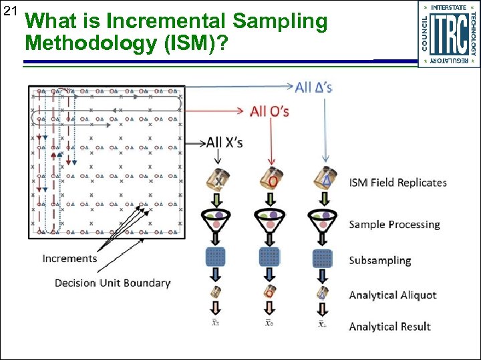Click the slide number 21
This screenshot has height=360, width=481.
[x=10, y=10]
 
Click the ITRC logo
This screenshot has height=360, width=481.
[x=448, y=33]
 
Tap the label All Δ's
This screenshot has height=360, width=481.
[x=313, y=87]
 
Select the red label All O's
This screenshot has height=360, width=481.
[x=269, y=111]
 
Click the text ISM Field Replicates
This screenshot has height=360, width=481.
[x=397, y=183]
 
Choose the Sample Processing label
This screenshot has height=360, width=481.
[x=394, y=224]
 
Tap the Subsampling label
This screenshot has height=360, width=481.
[x=379, y=260]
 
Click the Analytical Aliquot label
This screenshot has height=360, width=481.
[x=392, y=295]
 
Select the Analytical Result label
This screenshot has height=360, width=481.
[x=389, y=326]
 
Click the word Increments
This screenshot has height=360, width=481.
[x=69, y=258]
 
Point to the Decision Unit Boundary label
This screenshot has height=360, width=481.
[x=112, y=283]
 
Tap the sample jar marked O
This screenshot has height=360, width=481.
[x=270, y=179]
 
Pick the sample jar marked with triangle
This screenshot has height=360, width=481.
[x=324, y=178]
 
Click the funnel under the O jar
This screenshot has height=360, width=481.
[x=270, y=220]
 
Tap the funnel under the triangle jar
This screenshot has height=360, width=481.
[x=323, y=220]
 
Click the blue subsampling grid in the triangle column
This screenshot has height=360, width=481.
[x=323, y=257]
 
